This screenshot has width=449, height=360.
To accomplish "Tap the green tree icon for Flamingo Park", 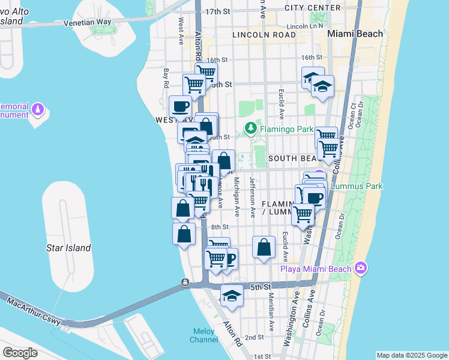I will point(251,128).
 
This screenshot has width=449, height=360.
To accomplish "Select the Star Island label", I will point(68,248).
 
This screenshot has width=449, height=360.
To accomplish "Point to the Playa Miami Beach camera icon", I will point(361,268).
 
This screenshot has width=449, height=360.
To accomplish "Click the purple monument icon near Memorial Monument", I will point(38,110).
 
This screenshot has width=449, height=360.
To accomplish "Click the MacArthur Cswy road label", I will point(34,310).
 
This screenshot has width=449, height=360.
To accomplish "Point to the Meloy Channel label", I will point(205,335).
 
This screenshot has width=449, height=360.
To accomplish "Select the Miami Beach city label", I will point(355,34).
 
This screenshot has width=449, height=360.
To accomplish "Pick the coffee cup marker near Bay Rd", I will point(180,107).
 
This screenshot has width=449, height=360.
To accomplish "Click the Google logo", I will point(20,352).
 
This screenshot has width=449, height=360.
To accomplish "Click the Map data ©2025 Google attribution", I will point(412,355).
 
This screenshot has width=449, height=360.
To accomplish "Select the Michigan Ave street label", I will point(237,197).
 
